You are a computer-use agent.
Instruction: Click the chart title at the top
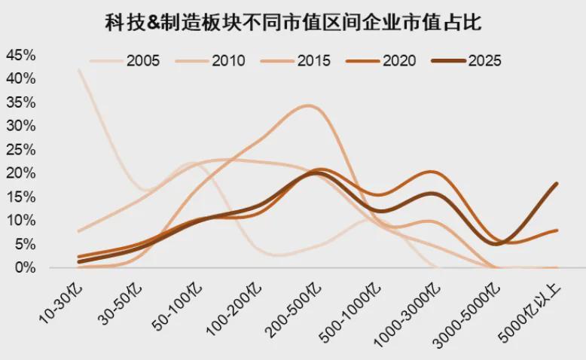[292, 23]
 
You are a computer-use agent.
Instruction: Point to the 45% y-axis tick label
[20, 55]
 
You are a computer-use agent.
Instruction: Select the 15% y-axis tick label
[20, 197]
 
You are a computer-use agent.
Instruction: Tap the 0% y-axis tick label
[25, 267]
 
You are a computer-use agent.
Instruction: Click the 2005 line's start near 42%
[78, 69]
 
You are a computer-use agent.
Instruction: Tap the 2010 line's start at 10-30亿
[78, 231]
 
